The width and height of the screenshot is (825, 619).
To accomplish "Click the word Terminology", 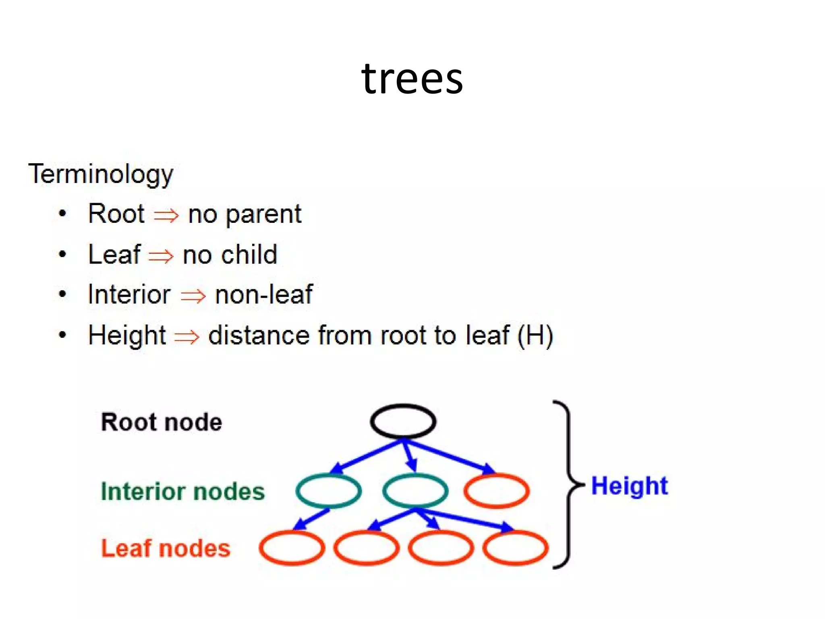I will (101, 174).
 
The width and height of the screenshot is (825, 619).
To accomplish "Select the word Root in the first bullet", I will (116, 214).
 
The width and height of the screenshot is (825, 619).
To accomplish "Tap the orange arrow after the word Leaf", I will (161, 256).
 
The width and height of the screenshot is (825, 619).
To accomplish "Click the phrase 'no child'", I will (230, 255).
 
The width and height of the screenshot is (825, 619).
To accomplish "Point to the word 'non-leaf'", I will (264, 295).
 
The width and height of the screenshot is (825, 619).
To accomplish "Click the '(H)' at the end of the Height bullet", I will (535, 335).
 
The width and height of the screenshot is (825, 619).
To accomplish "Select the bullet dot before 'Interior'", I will (62, 294).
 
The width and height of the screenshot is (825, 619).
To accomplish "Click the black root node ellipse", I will (403, 421).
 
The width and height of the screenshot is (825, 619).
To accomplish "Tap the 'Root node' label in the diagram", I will (161, 422).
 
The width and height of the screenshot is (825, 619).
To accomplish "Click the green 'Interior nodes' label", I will (182, 491).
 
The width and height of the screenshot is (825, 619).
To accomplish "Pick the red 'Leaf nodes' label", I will (166, 548).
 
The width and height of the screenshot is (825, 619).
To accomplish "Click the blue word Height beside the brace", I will (629, 486).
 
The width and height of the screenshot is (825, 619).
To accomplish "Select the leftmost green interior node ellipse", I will (328, 490).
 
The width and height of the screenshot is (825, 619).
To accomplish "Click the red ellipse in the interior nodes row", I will (496, 490).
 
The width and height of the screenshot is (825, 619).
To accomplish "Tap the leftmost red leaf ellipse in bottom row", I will (292, 548).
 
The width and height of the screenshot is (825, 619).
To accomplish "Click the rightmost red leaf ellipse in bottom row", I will (515, 548).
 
